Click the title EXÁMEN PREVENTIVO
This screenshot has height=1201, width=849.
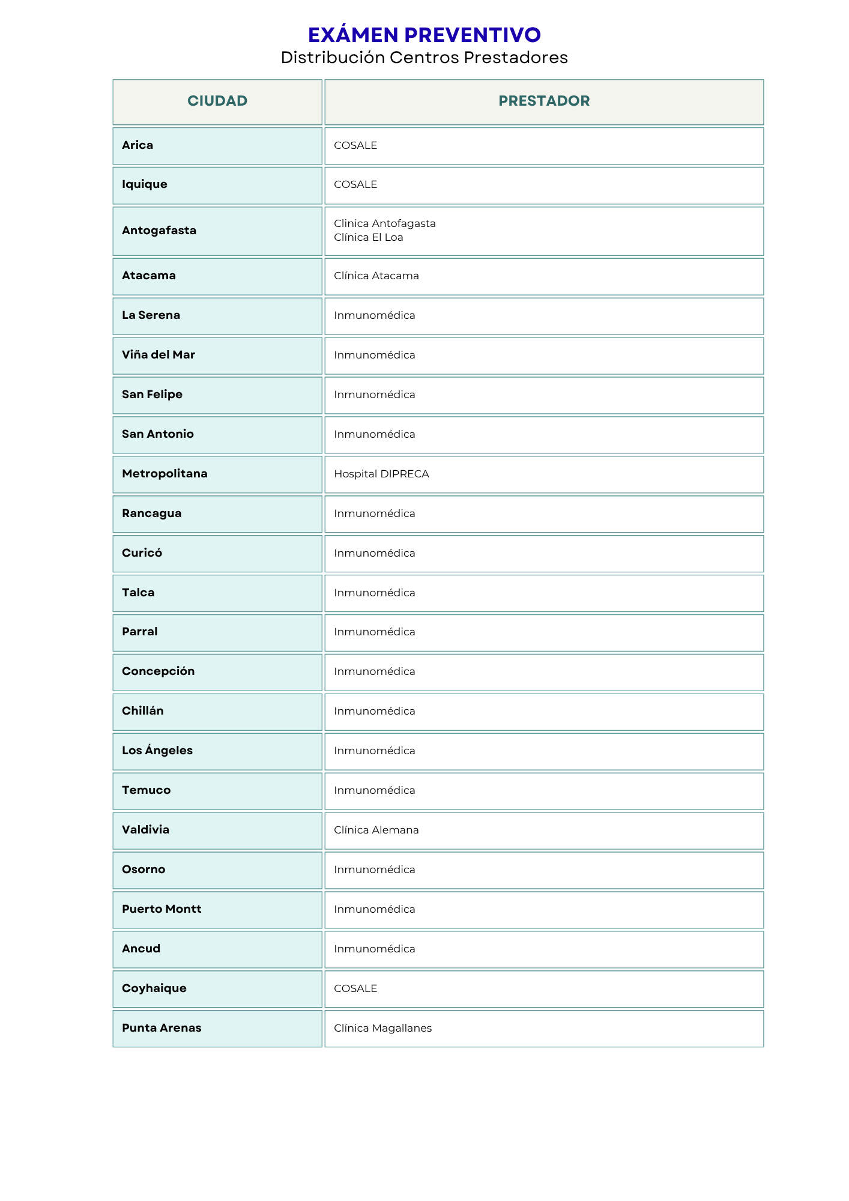click(424, 35)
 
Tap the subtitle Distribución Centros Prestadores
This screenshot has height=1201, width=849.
click(424, 58)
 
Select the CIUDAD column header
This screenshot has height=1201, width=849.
click(217, 101)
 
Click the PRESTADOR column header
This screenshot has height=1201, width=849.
click(544, 101)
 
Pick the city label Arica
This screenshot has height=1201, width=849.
click(137, 145)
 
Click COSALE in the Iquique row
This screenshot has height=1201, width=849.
click(355, 184)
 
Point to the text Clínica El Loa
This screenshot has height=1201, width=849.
click(368, 237)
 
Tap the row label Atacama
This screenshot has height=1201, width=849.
click(149, 276)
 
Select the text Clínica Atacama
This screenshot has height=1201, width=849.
click(376, 276)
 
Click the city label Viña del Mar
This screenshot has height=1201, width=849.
click(159, 355)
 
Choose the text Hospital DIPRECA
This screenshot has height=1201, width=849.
click(381, 474)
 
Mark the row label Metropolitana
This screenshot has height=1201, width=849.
click(165, 474)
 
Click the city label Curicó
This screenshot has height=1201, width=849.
click(142, 553)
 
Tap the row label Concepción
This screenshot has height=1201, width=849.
click(158, 671)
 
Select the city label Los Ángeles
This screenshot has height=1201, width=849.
click(157, 751)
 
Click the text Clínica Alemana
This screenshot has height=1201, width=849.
click(376, 830)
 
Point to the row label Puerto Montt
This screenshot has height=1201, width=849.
click(162, 909)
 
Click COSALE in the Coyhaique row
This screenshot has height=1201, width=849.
click(355, 988)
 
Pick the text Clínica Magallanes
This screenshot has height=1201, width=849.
click(382, 1028)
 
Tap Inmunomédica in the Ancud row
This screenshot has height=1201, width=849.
click(374, 949)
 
